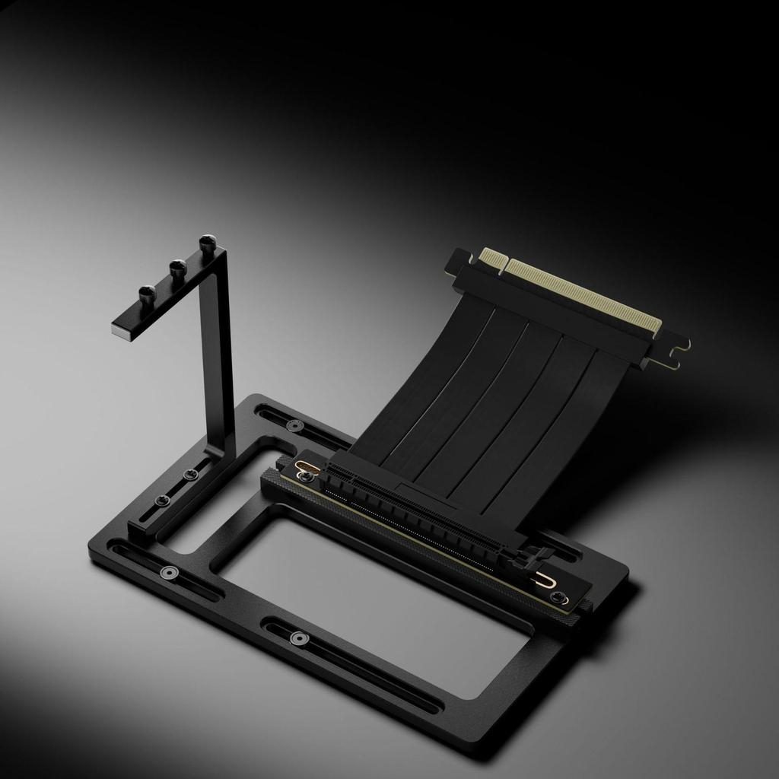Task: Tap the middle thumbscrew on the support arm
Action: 177,267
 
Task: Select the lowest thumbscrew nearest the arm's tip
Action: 148,293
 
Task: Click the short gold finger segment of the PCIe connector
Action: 491,255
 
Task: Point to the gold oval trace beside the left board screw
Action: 292,465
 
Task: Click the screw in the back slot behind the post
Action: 296,424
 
